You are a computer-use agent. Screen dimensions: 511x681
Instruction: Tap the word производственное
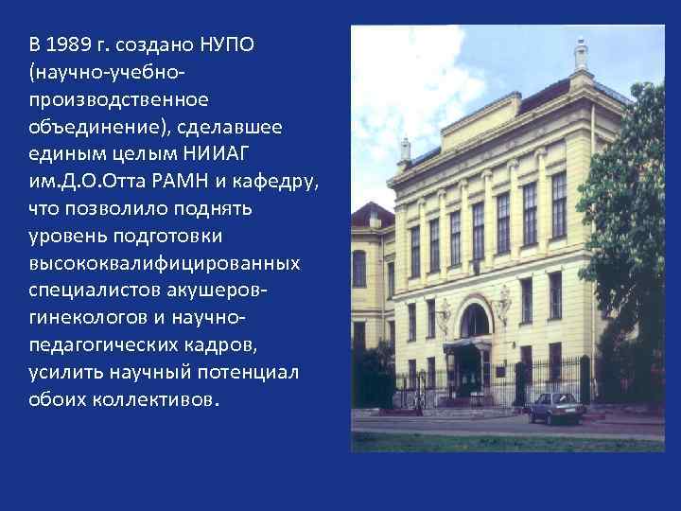tap(119, 98)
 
